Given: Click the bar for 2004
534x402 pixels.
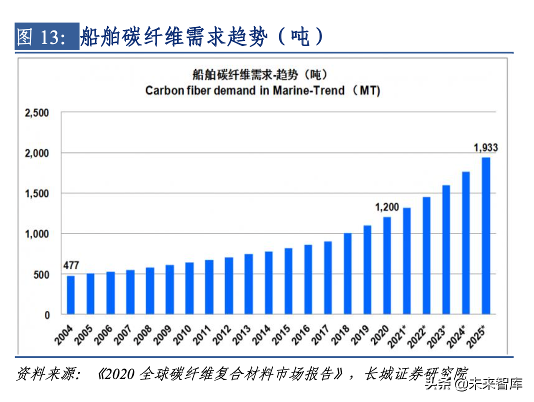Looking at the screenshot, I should [x=71, y=295].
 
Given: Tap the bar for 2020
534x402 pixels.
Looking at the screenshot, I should [x=387, y=265].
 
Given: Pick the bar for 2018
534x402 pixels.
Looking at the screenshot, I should [x=347, y=273].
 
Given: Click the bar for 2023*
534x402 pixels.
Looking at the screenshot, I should [x=446, y=249].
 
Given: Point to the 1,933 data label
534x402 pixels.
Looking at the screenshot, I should [x=485, y=148].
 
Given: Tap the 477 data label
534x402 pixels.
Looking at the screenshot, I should [x=71, y=265].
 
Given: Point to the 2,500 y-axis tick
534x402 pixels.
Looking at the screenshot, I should [x=37, y=113].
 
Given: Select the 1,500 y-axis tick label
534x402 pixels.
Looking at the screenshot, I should [x=37, y=194].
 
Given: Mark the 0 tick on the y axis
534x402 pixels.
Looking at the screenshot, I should [x=47, y=315].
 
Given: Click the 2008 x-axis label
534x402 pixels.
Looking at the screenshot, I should [x=143, y=335].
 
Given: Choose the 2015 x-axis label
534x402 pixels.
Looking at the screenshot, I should [x=281, y=335].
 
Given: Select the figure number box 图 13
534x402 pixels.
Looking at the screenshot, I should [x=46, y=36].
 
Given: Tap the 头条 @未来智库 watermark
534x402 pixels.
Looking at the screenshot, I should [x=473, y=384].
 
